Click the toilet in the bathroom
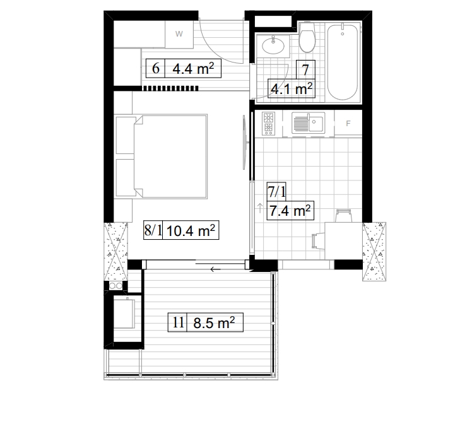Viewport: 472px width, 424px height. pos(307,40)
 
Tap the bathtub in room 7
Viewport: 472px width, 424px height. pos(343,62)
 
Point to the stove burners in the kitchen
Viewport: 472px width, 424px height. pos(268,124)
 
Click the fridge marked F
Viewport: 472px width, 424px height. pos(348,124)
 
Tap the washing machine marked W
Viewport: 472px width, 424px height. pos(179,34)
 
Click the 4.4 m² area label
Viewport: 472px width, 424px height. pos(192,68)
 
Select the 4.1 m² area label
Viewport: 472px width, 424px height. pos(292,89)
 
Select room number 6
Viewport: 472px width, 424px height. pos(155,68)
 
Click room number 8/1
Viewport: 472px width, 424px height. pos(154,231)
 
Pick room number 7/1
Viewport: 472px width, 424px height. pos(277,191)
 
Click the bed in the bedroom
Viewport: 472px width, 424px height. pos(162,155)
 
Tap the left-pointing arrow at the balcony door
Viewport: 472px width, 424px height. pos(216,270)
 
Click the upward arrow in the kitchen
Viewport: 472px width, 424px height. pos(260,206)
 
